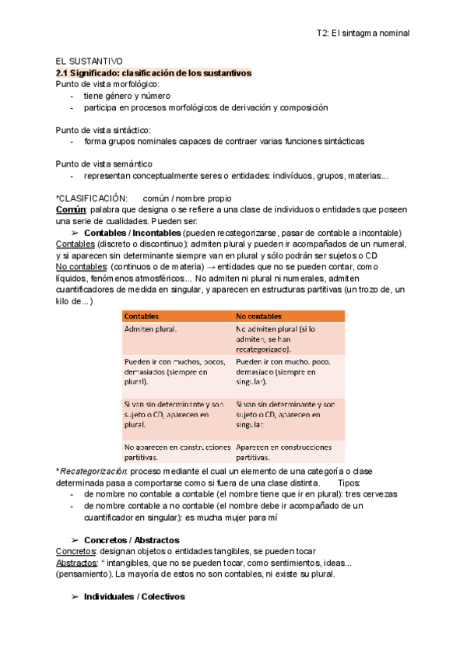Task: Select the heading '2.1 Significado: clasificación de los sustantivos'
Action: coord(153,72)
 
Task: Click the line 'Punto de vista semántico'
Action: coord(104,164)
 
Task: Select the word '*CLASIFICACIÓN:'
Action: coord(91,198)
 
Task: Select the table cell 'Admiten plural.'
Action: coord(150,329)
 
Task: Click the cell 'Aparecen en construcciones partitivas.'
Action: coord(285,452)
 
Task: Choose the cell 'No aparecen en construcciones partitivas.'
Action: coord(177,452)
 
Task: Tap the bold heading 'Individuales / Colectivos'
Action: coord(134,597)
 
